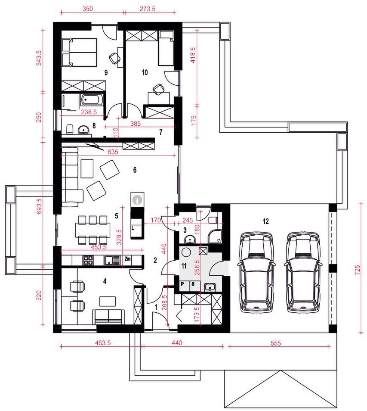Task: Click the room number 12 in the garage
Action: [266, 221]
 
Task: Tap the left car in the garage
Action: [256, 272]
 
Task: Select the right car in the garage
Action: [303, 272]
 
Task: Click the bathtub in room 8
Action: [90, 100]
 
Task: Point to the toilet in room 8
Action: [70, 129]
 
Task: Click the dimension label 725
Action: [357, 270]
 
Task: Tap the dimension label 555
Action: [276, 343]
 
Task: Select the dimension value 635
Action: [113, 152]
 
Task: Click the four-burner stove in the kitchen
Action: [88, 260]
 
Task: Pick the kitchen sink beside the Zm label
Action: [112, 260]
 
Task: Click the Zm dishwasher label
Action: [127, 259]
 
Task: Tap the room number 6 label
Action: [135, 170]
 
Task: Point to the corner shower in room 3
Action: [215, 236]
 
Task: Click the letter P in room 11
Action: [182, 284]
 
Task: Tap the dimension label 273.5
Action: [148, 9]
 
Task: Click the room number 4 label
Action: [105, 281]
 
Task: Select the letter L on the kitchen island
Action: [133, 228]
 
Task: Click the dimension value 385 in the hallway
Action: [136, 123]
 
